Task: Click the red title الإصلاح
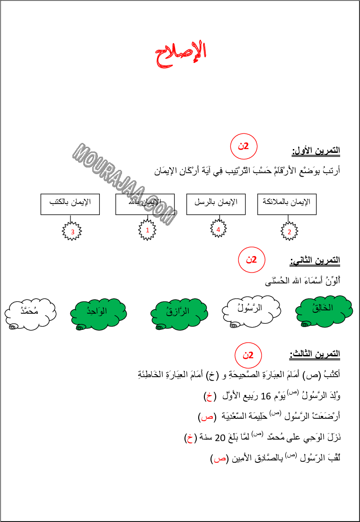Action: click(181, 54)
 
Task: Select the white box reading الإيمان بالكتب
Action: click(70, 204)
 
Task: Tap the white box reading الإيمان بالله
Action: click(145, 204)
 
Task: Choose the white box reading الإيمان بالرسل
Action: click(216, 204)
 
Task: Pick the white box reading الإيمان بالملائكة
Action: click(287, 204)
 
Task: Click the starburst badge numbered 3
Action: click(72, 231)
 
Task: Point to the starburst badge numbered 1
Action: click(147, 230)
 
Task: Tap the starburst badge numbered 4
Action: click(218, 229)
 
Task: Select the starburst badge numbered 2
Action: click(289, 231)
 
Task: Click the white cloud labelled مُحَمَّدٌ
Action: click(30, 312)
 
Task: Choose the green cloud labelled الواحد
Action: click(98, 313)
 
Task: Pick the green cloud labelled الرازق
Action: click(179, 313)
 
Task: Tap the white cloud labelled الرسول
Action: click(251, 310)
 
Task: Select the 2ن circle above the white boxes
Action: click(244, 146)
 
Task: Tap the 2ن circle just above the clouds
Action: click(251, 260)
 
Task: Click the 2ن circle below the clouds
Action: click(248, 355)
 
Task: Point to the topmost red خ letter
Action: click(209, 397)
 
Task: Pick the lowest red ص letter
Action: click(220, 459)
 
